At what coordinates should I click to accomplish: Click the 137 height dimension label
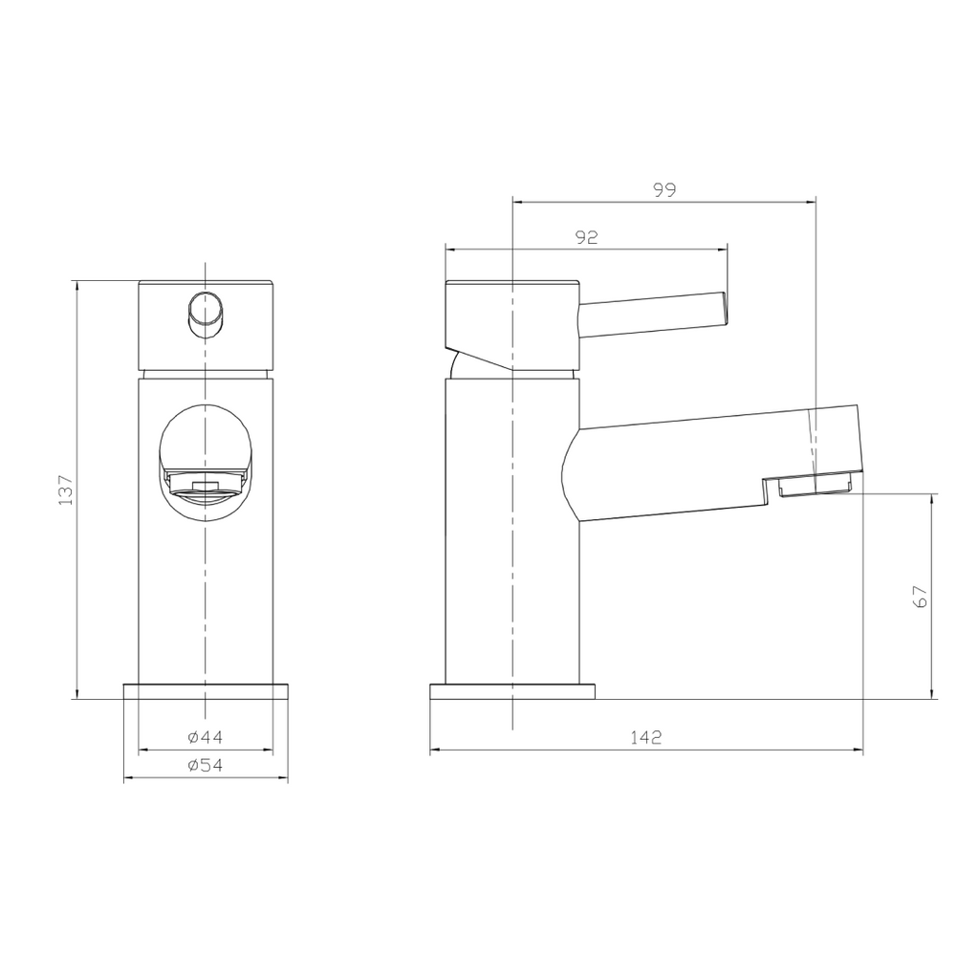pyautogui.click(x=66, y=490)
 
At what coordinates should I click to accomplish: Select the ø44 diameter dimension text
pyautogui.click(x=206, y=737)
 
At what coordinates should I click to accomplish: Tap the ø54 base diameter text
pyautogui.click(x=206, y=765)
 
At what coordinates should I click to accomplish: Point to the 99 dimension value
pyautogui.click(x=665, y=190)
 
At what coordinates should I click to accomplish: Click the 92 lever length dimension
pyautogui.click(x=586, y=237)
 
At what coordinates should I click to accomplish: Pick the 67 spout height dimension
pyautogui.click(x=921, y=597)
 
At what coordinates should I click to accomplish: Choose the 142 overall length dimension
pyautogui.click(x=645, y=737)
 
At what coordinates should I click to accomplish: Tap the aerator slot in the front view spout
pyautogui.click(x=207, y=486)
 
